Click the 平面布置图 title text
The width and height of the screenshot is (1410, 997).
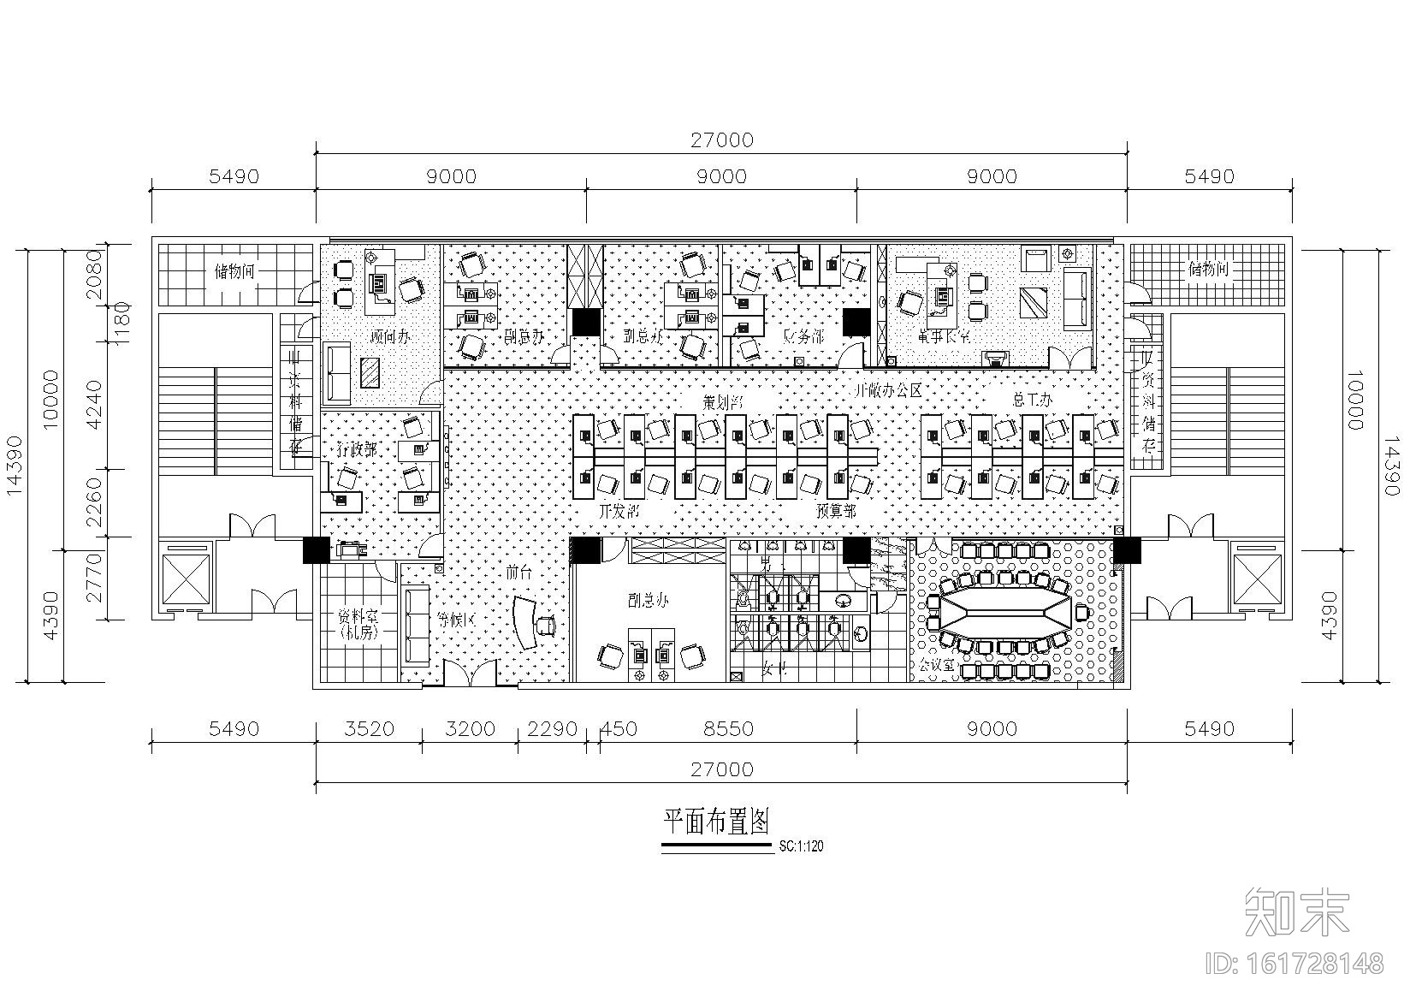click(x=717, y=822)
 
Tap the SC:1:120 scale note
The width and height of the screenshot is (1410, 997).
click(x=801, y=846)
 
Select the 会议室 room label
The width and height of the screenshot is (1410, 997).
click(x=936, y=665)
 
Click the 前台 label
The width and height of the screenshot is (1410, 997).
click(x=518, y=573)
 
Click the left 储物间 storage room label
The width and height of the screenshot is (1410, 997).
click(x=234, y=271)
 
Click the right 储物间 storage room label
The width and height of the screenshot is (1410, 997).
click(x=1208, y=270)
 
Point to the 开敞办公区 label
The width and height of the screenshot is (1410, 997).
click(x=890, y=391)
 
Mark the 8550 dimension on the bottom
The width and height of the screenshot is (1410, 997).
click(x=728, y=728)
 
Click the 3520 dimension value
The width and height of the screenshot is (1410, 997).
click(x=369, y=728)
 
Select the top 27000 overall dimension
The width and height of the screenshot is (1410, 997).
click(x=722, y=139)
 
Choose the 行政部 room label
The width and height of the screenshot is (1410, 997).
click(x=355, y=448)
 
